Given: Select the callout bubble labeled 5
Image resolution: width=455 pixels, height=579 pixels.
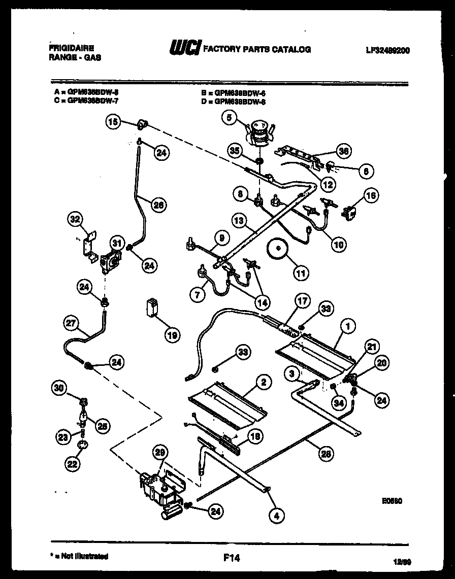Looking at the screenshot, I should coord(229,118).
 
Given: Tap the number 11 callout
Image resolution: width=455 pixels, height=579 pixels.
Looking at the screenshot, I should coord(302,273).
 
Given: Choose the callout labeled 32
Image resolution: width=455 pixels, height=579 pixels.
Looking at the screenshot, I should coord(75,220).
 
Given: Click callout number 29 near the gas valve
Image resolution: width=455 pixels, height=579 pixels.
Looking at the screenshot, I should coord(160,453).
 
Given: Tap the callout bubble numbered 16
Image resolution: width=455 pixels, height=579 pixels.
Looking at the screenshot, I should coord(371,195).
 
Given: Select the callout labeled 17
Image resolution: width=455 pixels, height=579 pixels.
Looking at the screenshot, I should coord(302,301).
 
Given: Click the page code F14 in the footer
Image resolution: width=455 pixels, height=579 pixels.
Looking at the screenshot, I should coord(231,558).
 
